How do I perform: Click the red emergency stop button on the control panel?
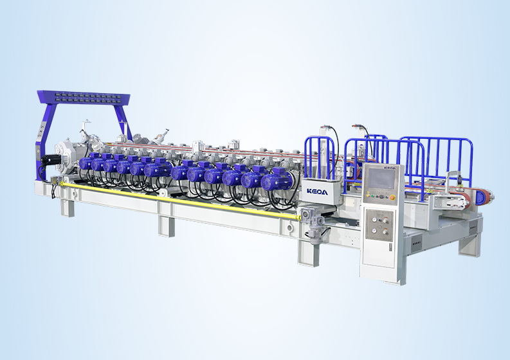(392, 197)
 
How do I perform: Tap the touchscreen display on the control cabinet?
(381, 179)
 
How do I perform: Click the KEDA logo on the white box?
(317, 191)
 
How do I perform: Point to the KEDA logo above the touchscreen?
(390, 168)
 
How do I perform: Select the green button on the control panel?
(372, 196)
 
